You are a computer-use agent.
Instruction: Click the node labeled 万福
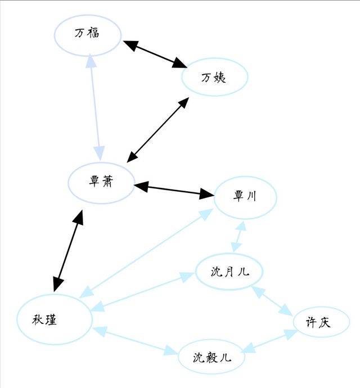88,35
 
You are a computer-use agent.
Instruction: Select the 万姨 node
215,77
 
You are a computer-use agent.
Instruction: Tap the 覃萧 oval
101,183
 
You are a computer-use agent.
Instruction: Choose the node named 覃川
245,197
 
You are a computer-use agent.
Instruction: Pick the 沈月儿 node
229,272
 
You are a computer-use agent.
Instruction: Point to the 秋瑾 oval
55,319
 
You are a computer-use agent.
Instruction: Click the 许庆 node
321,322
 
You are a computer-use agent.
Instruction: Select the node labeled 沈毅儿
211,357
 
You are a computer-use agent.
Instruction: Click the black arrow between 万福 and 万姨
155,54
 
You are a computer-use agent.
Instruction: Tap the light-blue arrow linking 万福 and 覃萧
95,107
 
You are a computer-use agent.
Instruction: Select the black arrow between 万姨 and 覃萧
157,130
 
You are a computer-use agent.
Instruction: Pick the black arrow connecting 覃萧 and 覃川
174,190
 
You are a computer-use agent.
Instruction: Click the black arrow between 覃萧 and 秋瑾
68,251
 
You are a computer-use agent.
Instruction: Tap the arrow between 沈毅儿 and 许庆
269,341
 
